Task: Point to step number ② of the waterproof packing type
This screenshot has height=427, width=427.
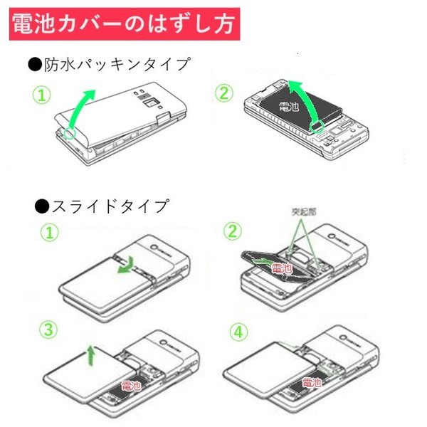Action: click(x=227, y=92)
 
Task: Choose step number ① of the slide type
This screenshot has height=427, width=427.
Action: click(x=48, y=233)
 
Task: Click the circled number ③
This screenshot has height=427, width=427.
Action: click(x=48, y=330)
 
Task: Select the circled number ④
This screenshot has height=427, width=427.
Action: click(x=237, y=331)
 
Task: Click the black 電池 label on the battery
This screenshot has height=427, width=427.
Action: click(x=289, y=107)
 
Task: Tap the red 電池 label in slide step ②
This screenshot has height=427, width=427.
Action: click(x=283, y=268)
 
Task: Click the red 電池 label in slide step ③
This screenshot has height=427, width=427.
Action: click(x=131, y=385)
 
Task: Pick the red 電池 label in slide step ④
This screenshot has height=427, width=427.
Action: click(x=312, y=382)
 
